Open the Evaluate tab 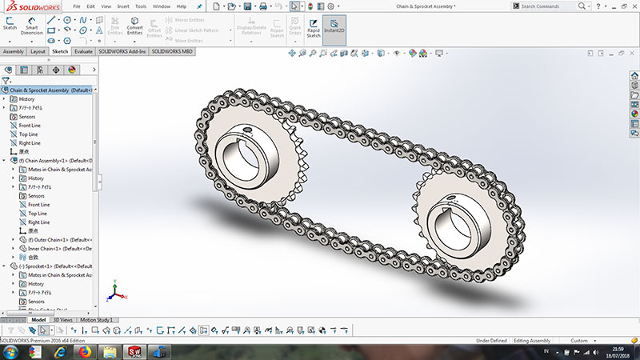coord(83,51)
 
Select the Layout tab coord(38,51)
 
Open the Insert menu coord(123,6)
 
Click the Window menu coord(161,6)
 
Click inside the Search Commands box coord(552,6)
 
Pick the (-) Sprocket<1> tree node coord(50,266)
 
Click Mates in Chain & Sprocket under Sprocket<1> coord(60,274)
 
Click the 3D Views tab coord(62,319)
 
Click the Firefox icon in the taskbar coord(85,351)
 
